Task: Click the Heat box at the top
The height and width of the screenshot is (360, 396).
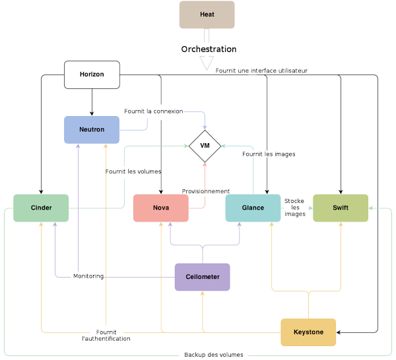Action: click(x=207, y=15)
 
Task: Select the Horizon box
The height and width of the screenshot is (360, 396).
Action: click(x=92, y=75)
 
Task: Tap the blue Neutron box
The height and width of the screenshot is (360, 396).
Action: click(x=92, y=130)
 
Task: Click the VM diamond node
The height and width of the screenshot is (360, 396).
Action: click(x=205, y=145)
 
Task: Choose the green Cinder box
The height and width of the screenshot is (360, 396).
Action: click(x=41, y=208)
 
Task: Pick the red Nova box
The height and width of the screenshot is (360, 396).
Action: click(x=161, y=208)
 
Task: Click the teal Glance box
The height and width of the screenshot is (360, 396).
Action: click(x=253, y=208)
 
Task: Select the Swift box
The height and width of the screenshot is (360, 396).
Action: click(x=341, y=208)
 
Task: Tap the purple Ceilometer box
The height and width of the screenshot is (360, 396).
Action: click(x=202, y=277)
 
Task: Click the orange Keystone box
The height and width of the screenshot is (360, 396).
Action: click(x=308, y=332)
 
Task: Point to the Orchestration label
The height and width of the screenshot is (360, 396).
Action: click(x=209, y=49)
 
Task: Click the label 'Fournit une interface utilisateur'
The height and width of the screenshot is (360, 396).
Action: click(x=261, y=71)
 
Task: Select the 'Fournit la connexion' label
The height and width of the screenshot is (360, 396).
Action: click(x=153, y=111)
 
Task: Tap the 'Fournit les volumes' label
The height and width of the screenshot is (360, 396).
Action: click(x=133, y=171)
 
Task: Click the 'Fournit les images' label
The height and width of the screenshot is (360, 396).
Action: click(x=269, y=154)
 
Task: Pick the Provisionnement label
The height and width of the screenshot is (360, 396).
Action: click(x=206, y=191)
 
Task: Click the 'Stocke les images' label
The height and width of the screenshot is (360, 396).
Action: click(x=294, y=207)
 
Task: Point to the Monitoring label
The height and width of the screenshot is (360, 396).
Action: click(x=88, y=276)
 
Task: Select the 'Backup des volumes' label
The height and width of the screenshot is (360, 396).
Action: click(x=213, y=355)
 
